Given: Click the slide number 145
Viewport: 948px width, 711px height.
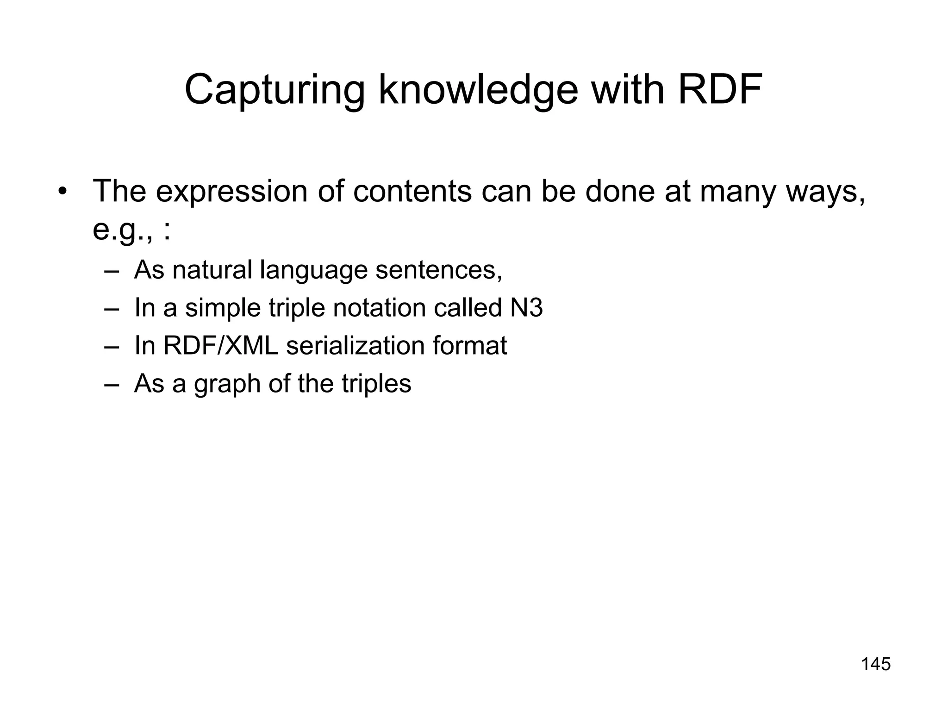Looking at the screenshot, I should [x=875, y=664].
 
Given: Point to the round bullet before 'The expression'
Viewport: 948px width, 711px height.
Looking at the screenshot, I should [x=63, y=192].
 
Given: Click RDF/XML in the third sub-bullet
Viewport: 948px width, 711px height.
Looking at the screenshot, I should [x=220, y=345].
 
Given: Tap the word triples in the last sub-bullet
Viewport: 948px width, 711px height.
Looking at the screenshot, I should [x=376, y=384].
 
